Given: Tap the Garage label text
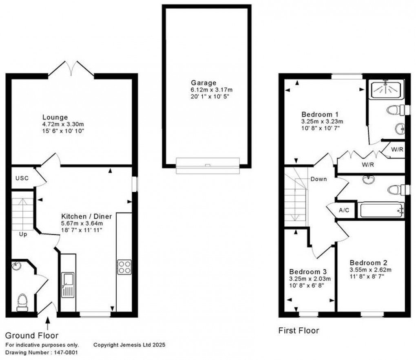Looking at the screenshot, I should (205, 83).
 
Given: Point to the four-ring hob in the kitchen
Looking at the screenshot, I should (124, 267).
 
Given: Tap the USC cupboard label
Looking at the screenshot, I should (22, 178).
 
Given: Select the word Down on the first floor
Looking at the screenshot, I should (318, 179).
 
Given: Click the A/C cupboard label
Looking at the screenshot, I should (344, 210).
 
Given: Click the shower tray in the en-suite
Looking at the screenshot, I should (386, 89).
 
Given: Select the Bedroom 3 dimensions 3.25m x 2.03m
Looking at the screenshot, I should (310, 279).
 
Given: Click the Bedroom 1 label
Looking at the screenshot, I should (320, 114).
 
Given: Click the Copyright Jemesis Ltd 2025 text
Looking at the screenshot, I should (129, 345).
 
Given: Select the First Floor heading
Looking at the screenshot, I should (299, 330).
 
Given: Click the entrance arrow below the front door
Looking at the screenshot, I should (48, 324).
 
